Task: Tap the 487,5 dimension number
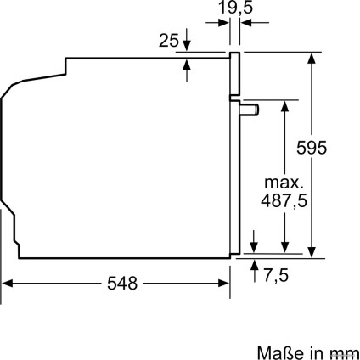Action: tap(284, 201)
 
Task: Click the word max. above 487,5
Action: tap(284, 183)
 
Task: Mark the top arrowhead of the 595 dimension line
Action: tap(313, 57)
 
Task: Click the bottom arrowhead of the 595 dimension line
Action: tap(313, 249)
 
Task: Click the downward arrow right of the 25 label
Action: tap(188, 46)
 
